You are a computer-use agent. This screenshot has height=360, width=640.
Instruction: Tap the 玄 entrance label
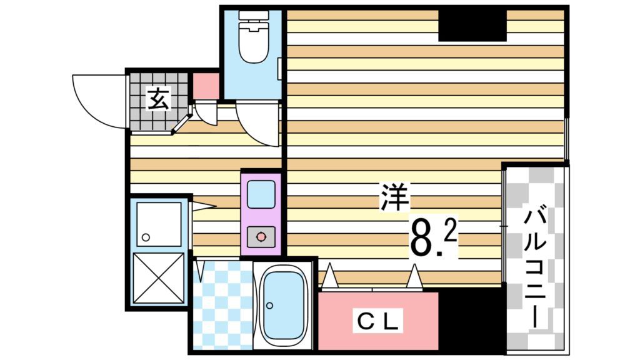158,99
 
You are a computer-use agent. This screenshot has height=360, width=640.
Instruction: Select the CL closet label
378,321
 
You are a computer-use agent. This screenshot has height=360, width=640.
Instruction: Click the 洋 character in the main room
394,199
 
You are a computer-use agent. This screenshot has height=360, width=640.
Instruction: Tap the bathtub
282,305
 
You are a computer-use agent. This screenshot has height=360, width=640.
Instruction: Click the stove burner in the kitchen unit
261,236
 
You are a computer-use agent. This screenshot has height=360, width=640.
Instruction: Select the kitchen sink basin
261,194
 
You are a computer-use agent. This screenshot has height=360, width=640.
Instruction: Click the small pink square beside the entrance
205,86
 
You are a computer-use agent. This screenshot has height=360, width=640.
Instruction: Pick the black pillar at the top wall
472,26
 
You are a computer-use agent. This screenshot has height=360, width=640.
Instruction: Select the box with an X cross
158,278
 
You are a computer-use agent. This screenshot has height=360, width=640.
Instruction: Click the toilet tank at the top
252,17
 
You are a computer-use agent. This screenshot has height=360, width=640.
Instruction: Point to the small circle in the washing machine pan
146,237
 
